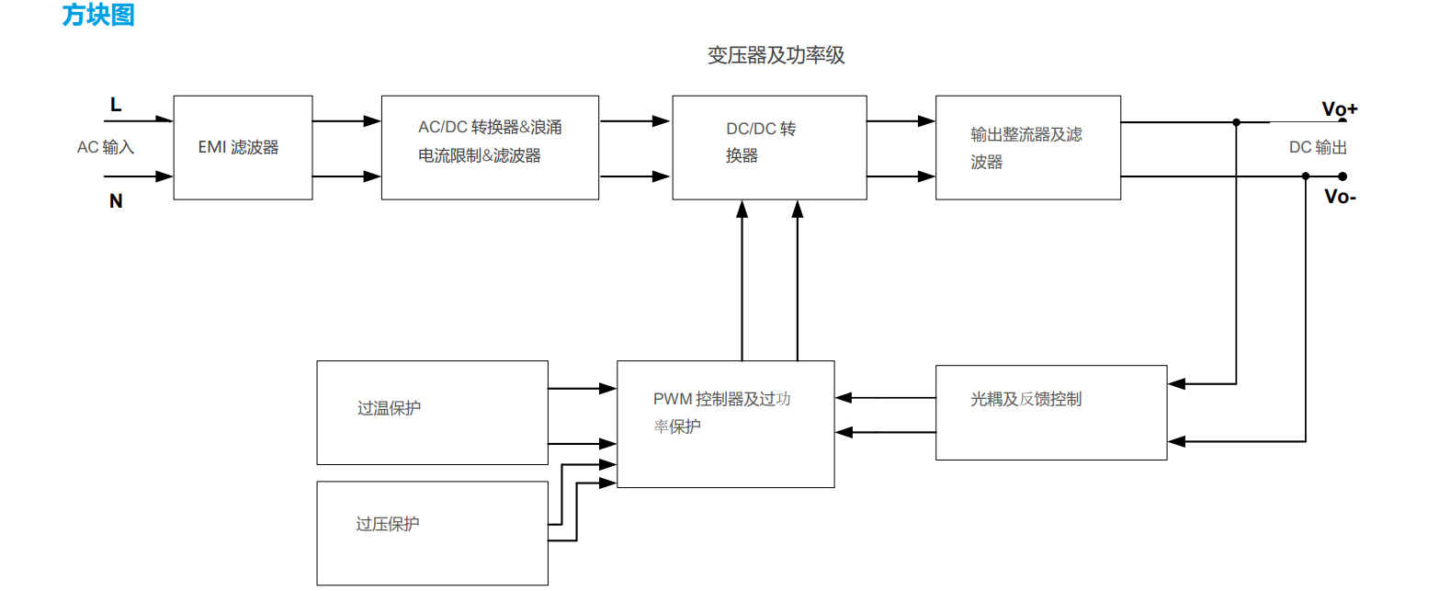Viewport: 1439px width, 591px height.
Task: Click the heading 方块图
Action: pyautogui.click(x=98, y=16)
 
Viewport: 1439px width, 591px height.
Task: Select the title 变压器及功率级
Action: pyautogui.click(x=776, y=56)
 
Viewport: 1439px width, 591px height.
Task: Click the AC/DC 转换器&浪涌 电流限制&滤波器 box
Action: pyautogui.click(x=490, y=147)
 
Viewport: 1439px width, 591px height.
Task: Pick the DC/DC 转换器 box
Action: pyautogui.click(x=769, y=147)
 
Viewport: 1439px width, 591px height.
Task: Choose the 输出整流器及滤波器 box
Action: pyautogui.click(x=1027, y=147)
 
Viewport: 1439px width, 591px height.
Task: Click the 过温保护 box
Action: pyautogui.click(x=432, y=413)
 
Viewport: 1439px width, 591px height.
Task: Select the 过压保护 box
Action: pyautogui.click(x=432, y=533)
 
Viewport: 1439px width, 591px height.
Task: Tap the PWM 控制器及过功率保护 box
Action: pyautogui.click(x=725, y=424)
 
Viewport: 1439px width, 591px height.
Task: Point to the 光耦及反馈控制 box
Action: pyautogui.click(x=1050, y=412)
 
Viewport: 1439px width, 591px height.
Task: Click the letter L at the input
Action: pyautogui.click(x=116, y=105)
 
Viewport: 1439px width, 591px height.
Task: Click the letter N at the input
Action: pyautogui.click(x=116, y=201)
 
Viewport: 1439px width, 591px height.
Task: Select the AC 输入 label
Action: pyautogui.click(x=106, y=147)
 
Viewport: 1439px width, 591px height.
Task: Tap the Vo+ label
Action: pyautogui.click(x=1339, y=109)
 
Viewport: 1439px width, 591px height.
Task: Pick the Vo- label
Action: pyautogui.click(x=1340, y=196)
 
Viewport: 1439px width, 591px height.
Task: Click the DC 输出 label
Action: pyautogui.click(x=1318, y=148)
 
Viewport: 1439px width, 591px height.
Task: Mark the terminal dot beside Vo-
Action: pyautogui.click(x=1343, y=176)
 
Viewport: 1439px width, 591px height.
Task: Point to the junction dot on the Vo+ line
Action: pyautogui.click(x=1237, y=122)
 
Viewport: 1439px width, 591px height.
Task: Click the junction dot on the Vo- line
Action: pyautogui.click(x=1306, y=176)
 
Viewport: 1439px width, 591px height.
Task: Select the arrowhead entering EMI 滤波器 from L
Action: pyautogui.click(x=165, y=119)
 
